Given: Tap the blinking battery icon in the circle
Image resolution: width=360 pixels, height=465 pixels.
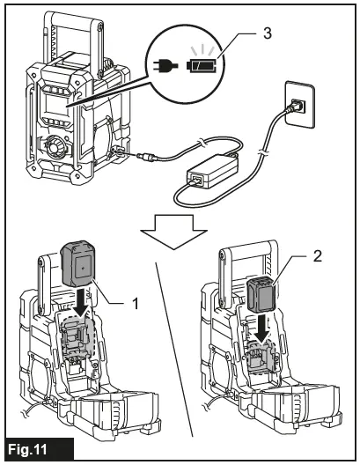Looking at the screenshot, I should pyautogui.click(x=204, y=65).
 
